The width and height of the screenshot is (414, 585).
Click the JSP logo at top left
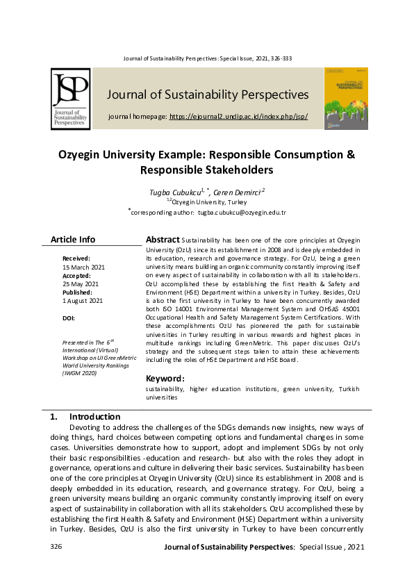point(70,99)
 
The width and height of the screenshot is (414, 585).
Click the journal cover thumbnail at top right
point(346,99)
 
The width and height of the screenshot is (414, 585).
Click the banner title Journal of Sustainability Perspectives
point(208,94)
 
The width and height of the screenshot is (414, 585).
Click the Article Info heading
point(73,240)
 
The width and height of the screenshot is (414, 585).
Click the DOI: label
point(69,318)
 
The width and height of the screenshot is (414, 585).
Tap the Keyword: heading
point(165,379)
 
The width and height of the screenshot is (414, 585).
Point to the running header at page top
point(208,58)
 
